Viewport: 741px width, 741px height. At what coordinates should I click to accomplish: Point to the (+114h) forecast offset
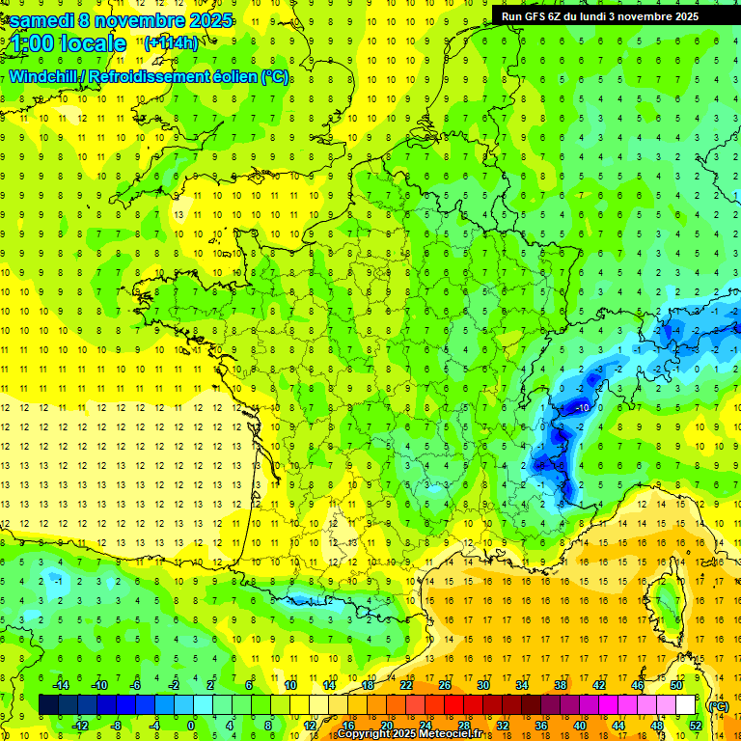tap(172, 43)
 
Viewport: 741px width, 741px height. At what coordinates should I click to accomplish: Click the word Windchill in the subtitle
tap(43, 77)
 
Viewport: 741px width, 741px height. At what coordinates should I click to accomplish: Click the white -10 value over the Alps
tap(582, 408)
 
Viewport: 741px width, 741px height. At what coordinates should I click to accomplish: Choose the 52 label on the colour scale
tap(696, 726)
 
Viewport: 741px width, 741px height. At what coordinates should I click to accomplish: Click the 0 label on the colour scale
tap(191, 726)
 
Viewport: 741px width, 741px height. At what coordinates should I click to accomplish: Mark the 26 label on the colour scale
tap(445, 684)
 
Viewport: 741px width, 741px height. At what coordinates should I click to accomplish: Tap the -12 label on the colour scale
tap(80, 726)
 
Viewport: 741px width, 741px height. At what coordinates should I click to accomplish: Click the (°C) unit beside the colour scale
tap(719, 705)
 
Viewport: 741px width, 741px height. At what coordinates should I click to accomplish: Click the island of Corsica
tap(665, 603)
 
